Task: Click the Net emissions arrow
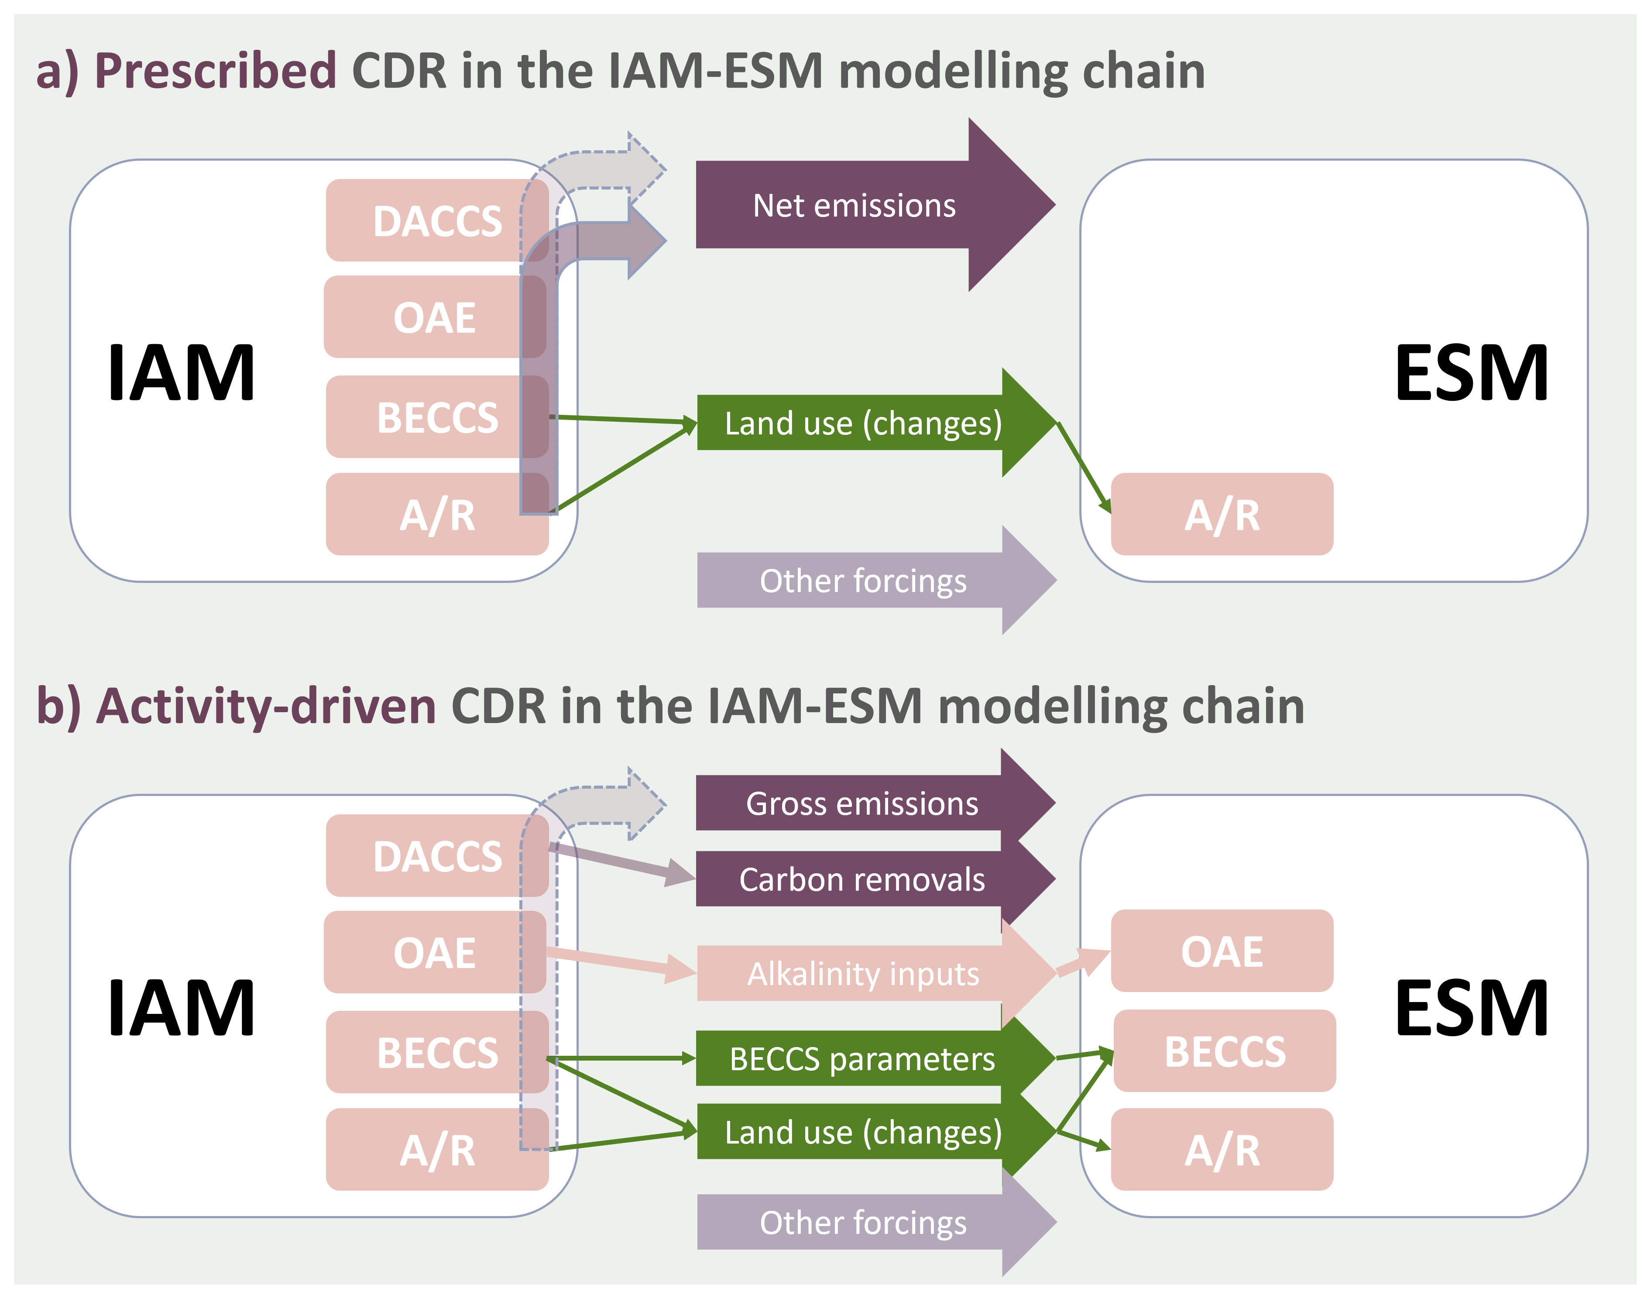pos(874,205)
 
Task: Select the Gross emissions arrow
pos(874,803)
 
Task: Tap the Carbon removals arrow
pos(874,879)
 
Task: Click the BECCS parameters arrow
pos(874,1058)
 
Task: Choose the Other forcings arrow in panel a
pos(874,580)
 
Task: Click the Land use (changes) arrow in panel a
pos(874,423)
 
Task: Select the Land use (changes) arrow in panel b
pos(874,1132)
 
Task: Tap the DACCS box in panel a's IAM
pos(437,221)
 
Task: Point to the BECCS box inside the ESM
pos(1225,1051)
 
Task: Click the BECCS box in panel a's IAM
pos(437,417)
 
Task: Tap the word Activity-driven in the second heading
pos(266,706)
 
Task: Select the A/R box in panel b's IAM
pos(437,1149)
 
